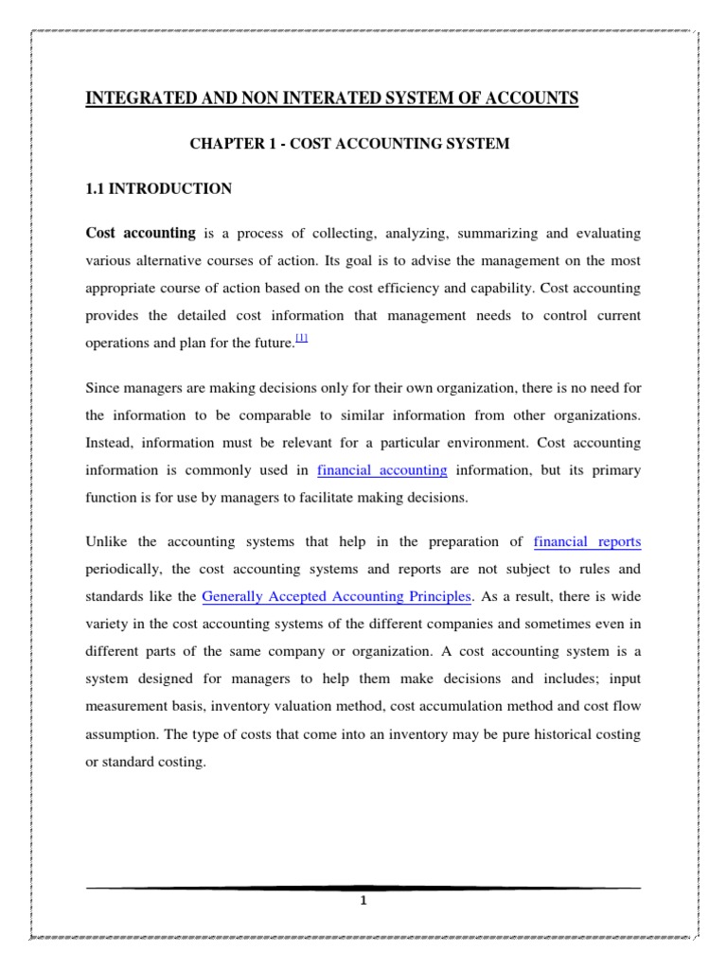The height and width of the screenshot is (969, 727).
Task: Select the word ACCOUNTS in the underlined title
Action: click(x=528, y=98)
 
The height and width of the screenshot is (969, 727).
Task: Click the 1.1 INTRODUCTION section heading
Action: click(x=159, y=189)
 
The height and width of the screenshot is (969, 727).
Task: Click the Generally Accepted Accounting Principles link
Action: click(x=336, y=596)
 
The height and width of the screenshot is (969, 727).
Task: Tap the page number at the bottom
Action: click(x=363, y=900)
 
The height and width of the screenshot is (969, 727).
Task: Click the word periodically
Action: click(x=125, y=570)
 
